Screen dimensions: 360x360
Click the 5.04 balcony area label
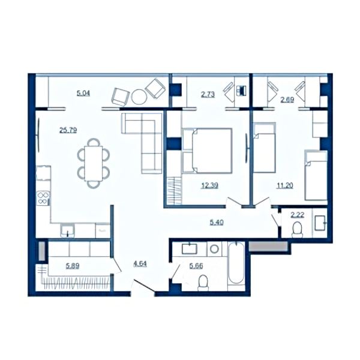pyautogui.click(x=83, y=94)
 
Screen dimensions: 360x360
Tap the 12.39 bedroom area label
pyautogui.click(x=209, y=185)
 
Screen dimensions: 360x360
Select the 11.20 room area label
pyautogui.click(x=284, y=185)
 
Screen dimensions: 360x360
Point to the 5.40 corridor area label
pyautogui.click(x=217, y=222)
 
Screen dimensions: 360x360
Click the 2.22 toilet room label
pyautogui.click(x=298, y=215)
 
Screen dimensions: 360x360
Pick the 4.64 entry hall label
pyautogui.click(x=140, y=264)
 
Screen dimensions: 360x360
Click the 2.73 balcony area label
pyautogui.click(x=208, y=94)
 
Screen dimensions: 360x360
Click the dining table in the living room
pyautogui.click(x=94, y=163)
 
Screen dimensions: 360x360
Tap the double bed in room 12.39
pyautogui.click(x=207, y=151)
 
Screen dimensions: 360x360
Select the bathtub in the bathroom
pyautogui.click(x=236, y=263)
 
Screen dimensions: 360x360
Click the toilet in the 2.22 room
pyautogui.click(x=298, y=230)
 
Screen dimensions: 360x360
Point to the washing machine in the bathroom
pyautogui.click(x=214, y=249)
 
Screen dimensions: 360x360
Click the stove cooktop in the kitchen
pyautogui.click(x=43, y=198)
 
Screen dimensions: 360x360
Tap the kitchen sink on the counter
pyautogui.click(x=67, y=231)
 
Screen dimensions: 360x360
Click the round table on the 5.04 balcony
pyautogui.click(x=139, y=97)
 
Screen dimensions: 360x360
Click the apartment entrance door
pyautogui.click(x=143, y=286)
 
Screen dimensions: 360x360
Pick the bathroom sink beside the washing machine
pyautogui.click(x=190, y=249)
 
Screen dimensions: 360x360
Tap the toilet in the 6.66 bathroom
pyautogui.click(x=203, y=283)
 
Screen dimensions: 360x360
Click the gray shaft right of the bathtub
pyautogui.click(x=268, y=246)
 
